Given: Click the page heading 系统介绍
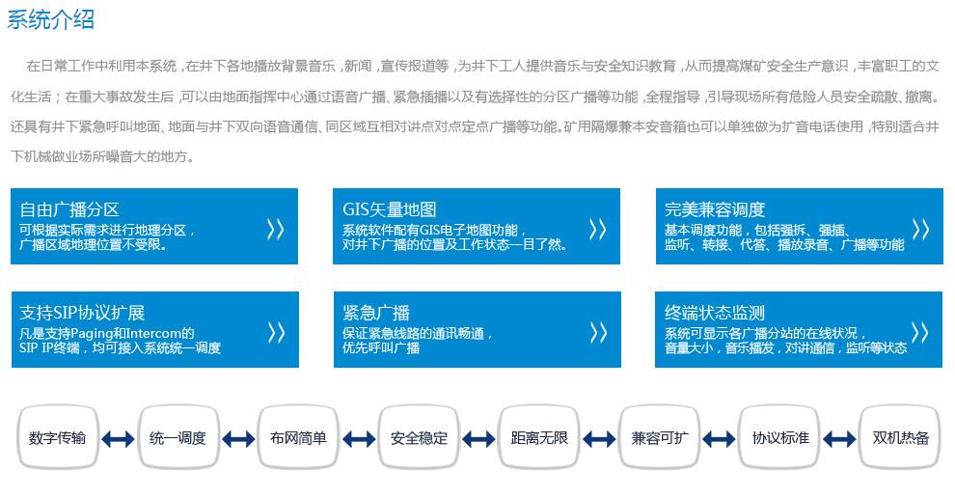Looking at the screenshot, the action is tap(50, 19).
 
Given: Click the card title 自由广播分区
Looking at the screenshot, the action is tap(69, 209).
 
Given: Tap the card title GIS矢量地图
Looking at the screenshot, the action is tap(389, 209).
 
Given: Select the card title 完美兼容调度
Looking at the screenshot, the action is tap(715, 209).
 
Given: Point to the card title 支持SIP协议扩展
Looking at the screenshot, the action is tap(82, 313).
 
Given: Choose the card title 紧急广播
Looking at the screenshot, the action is tap(376, 313).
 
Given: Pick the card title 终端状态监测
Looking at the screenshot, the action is tap(715, 313).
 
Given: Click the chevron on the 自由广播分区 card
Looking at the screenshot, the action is tap(275, 230).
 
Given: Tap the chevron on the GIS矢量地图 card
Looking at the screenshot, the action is tap(597, 230).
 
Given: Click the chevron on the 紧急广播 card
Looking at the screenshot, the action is tap(598, 333).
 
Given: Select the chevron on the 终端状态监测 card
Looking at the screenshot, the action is tap(919, 333).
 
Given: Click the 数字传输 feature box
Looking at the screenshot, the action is tap(58, 437).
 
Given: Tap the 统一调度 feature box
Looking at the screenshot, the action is tap(177, 437).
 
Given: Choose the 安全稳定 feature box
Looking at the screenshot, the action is tap(419, 437).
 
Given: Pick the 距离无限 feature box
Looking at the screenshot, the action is tap(539, 437).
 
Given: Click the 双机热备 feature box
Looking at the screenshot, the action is tap(900, 437).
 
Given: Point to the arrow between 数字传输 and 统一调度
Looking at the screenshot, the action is tap(118, 439).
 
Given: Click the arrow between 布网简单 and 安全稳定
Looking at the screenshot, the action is tap(359, 439).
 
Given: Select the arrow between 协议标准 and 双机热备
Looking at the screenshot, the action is tap(839, 439).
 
